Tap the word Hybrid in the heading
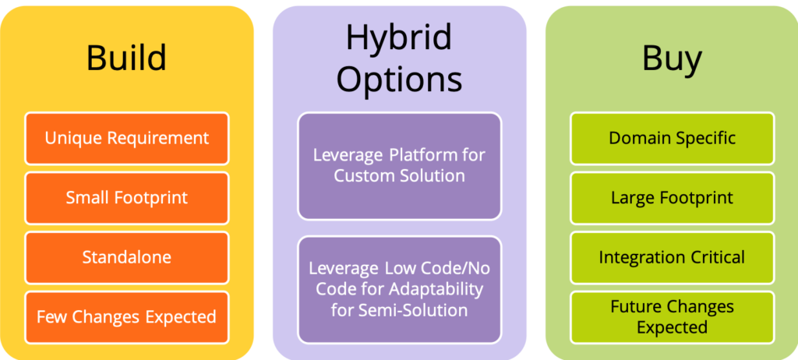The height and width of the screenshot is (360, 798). [399, 37]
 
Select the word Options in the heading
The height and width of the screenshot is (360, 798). [400, 79]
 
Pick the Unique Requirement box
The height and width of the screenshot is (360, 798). [127, 139]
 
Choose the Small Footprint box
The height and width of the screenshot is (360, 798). [127, 198]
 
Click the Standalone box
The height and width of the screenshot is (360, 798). [127, 257]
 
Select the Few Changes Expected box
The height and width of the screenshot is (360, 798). [127, 316]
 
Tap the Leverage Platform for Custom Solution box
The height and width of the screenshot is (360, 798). [400, 166]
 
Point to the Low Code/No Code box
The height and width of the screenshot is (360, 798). [400, 289]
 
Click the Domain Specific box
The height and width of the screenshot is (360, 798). [673, 139]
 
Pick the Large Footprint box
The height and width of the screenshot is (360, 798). [673, 198]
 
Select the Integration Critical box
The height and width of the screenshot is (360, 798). [673, 257]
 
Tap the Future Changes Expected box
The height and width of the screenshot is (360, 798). [673, 316]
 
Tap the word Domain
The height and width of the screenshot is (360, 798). [636, 138]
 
